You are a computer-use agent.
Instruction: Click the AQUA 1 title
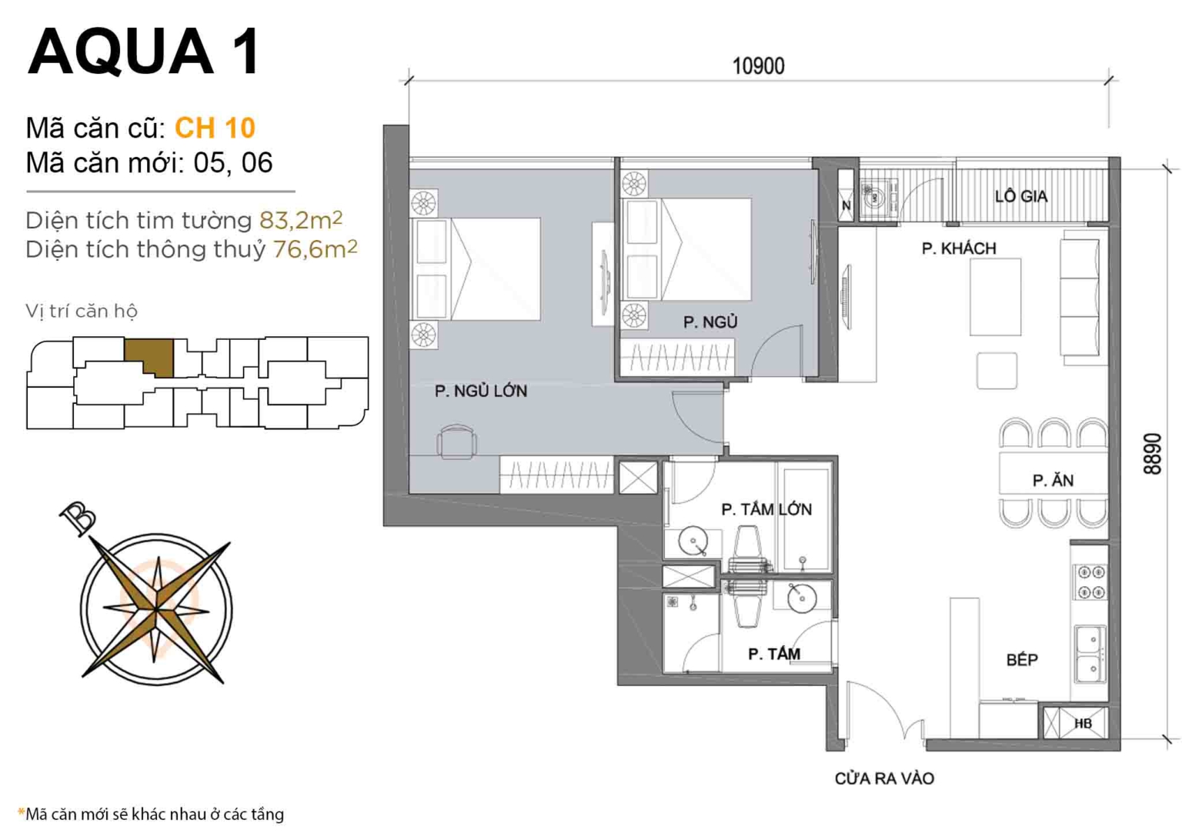point(144,52)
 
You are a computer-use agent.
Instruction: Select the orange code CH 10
point(215,128)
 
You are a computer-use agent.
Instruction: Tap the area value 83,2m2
point(300,221)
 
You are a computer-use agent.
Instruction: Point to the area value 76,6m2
point(315,249)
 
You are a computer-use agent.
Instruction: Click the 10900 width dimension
point(758,66)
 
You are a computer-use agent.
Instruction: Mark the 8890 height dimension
point(1152,453)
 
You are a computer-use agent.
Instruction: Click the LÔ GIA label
point(1020,196)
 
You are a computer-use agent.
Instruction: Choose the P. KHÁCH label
point(959,248)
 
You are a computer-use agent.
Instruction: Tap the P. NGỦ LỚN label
point(481,391)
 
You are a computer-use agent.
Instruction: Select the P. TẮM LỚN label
point(766,509)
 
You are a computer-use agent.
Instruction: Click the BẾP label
point(1022,660)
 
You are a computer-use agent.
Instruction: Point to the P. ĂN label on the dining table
point(1053,481)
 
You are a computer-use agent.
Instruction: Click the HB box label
point(1083,724)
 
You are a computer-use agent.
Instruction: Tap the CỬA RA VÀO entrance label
point(884,778)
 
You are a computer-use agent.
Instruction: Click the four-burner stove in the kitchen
point(1090,582)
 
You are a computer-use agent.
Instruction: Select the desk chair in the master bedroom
point(456,441)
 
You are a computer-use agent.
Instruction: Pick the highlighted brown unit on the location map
point(149,356)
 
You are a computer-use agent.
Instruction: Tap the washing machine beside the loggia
point(876,198)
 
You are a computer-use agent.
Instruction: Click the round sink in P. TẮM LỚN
point(693,541)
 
